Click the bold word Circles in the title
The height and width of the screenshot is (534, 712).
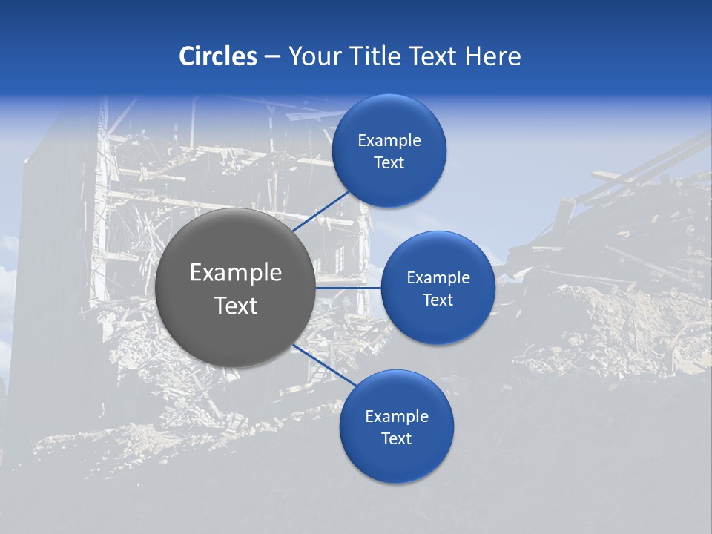click(x=218, y=56)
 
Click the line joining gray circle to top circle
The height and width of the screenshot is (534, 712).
click(x=323, y=210)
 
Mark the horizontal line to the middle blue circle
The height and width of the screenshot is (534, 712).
click(x=349, y=288)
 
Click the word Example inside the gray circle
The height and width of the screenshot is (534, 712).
click(x=236, y=273)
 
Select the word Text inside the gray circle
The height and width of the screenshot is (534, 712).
click(x=236, y=306)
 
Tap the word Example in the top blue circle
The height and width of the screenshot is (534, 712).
click(x=389, y=141)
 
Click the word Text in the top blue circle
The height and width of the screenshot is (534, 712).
click(x=389, y=163)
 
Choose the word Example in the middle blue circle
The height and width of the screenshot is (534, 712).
click(x=438, y=278)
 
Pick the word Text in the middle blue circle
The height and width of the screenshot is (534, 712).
click(x=438, y=300)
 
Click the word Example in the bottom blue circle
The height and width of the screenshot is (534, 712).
click(x=397, y=417)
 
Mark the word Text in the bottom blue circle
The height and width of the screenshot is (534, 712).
click(x=397, y=439)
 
